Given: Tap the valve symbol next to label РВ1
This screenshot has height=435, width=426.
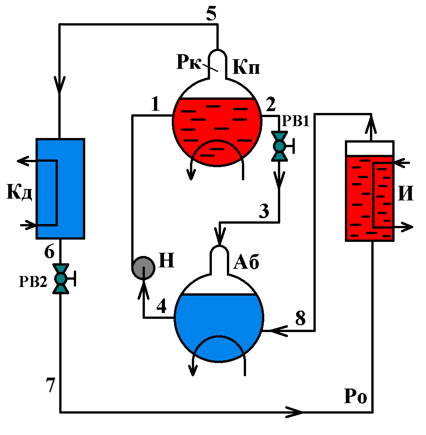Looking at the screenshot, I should click(279, 146).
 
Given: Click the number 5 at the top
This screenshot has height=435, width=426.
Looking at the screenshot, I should click(210, 14).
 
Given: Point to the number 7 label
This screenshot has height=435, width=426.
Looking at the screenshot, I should click(50, 386).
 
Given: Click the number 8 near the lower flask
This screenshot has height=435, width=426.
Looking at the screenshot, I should click(300, 318).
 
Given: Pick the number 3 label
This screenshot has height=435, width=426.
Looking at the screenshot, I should click(264, 211).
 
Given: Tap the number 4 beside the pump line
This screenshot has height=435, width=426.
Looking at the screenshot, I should click(161, 307).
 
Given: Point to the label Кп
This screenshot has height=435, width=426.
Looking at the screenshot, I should click(246, 68).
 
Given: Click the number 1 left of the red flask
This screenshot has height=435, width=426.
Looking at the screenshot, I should click(156, 105).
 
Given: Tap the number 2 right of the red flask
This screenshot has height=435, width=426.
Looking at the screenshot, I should click(271, 105).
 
